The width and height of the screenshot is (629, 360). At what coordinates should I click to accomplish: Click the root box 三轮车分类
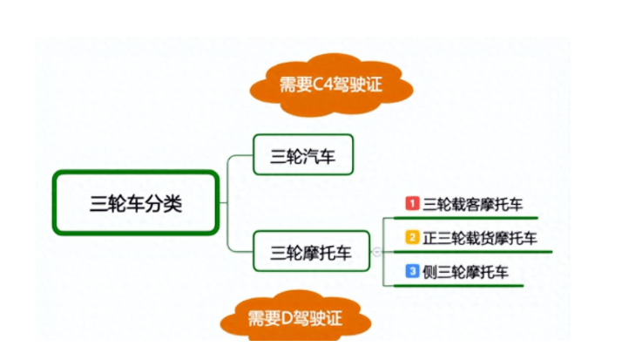pyautogui.click(x=136, y=203)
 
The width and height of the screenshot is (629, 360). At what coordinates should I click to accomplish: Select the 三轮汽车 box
pyautogui.click(x=303, y=155)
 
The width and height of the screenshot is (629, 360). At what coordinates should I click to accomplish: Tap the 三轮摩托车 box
pyautogui.click(x=311, y=252)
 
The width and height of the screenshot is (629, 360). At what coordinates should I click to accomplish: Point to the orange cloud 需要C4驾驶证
pyautogui.click(x=331, y=85)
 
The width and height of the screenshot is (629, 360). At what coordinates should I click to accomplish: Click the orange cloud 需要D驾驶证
pyautogui.click(x=295, y=317)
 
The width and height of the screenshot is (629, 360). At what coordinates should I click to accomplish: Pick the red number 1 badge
pyautogui.click(x=412, y=203)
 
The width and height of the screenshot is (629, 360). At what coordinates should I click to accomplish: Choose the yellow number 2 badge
pyautogui.click(x=412, y=237)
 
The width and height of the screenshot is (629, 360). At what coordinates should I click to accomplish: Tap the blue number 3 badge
pyautogui.click(x=412, y=271)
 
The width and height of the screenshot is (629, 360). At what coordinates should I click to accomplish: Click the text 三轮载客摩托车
pyautogui.click(x=473, y=204)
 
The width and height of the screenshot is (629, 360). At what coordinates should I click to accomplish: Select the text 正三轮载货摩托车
pyautogui.click(x=480, y=238)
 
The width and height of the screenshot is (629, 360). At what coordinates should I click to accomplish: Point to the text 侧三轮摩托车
pyautogui.click(x=466, y=272)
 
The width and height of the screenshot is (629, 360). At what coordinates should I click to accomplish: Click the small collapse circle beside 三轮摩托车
pyautogui.click(x=376, y=252)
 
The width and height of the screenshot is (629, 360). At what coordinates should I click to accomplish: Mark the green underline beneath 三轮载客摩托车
pyautogui.click(x=466, y=218)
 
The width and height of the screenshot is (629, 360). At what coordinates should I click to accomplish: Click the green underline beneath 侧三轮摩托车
pyautogui.click(x=458, y=286)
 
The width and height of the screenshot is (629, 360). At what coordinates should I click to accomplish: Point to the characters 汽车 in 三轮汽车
pyautogui.click(x=319, y=157)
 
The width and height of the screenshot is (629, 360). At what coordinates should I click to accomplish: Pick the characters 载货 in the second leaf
pyautogui.click(x=480, y=238)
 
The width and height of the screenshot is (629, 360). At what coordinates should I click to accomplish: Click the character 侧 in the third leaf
pyautogui.click(x=430, y=272)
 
